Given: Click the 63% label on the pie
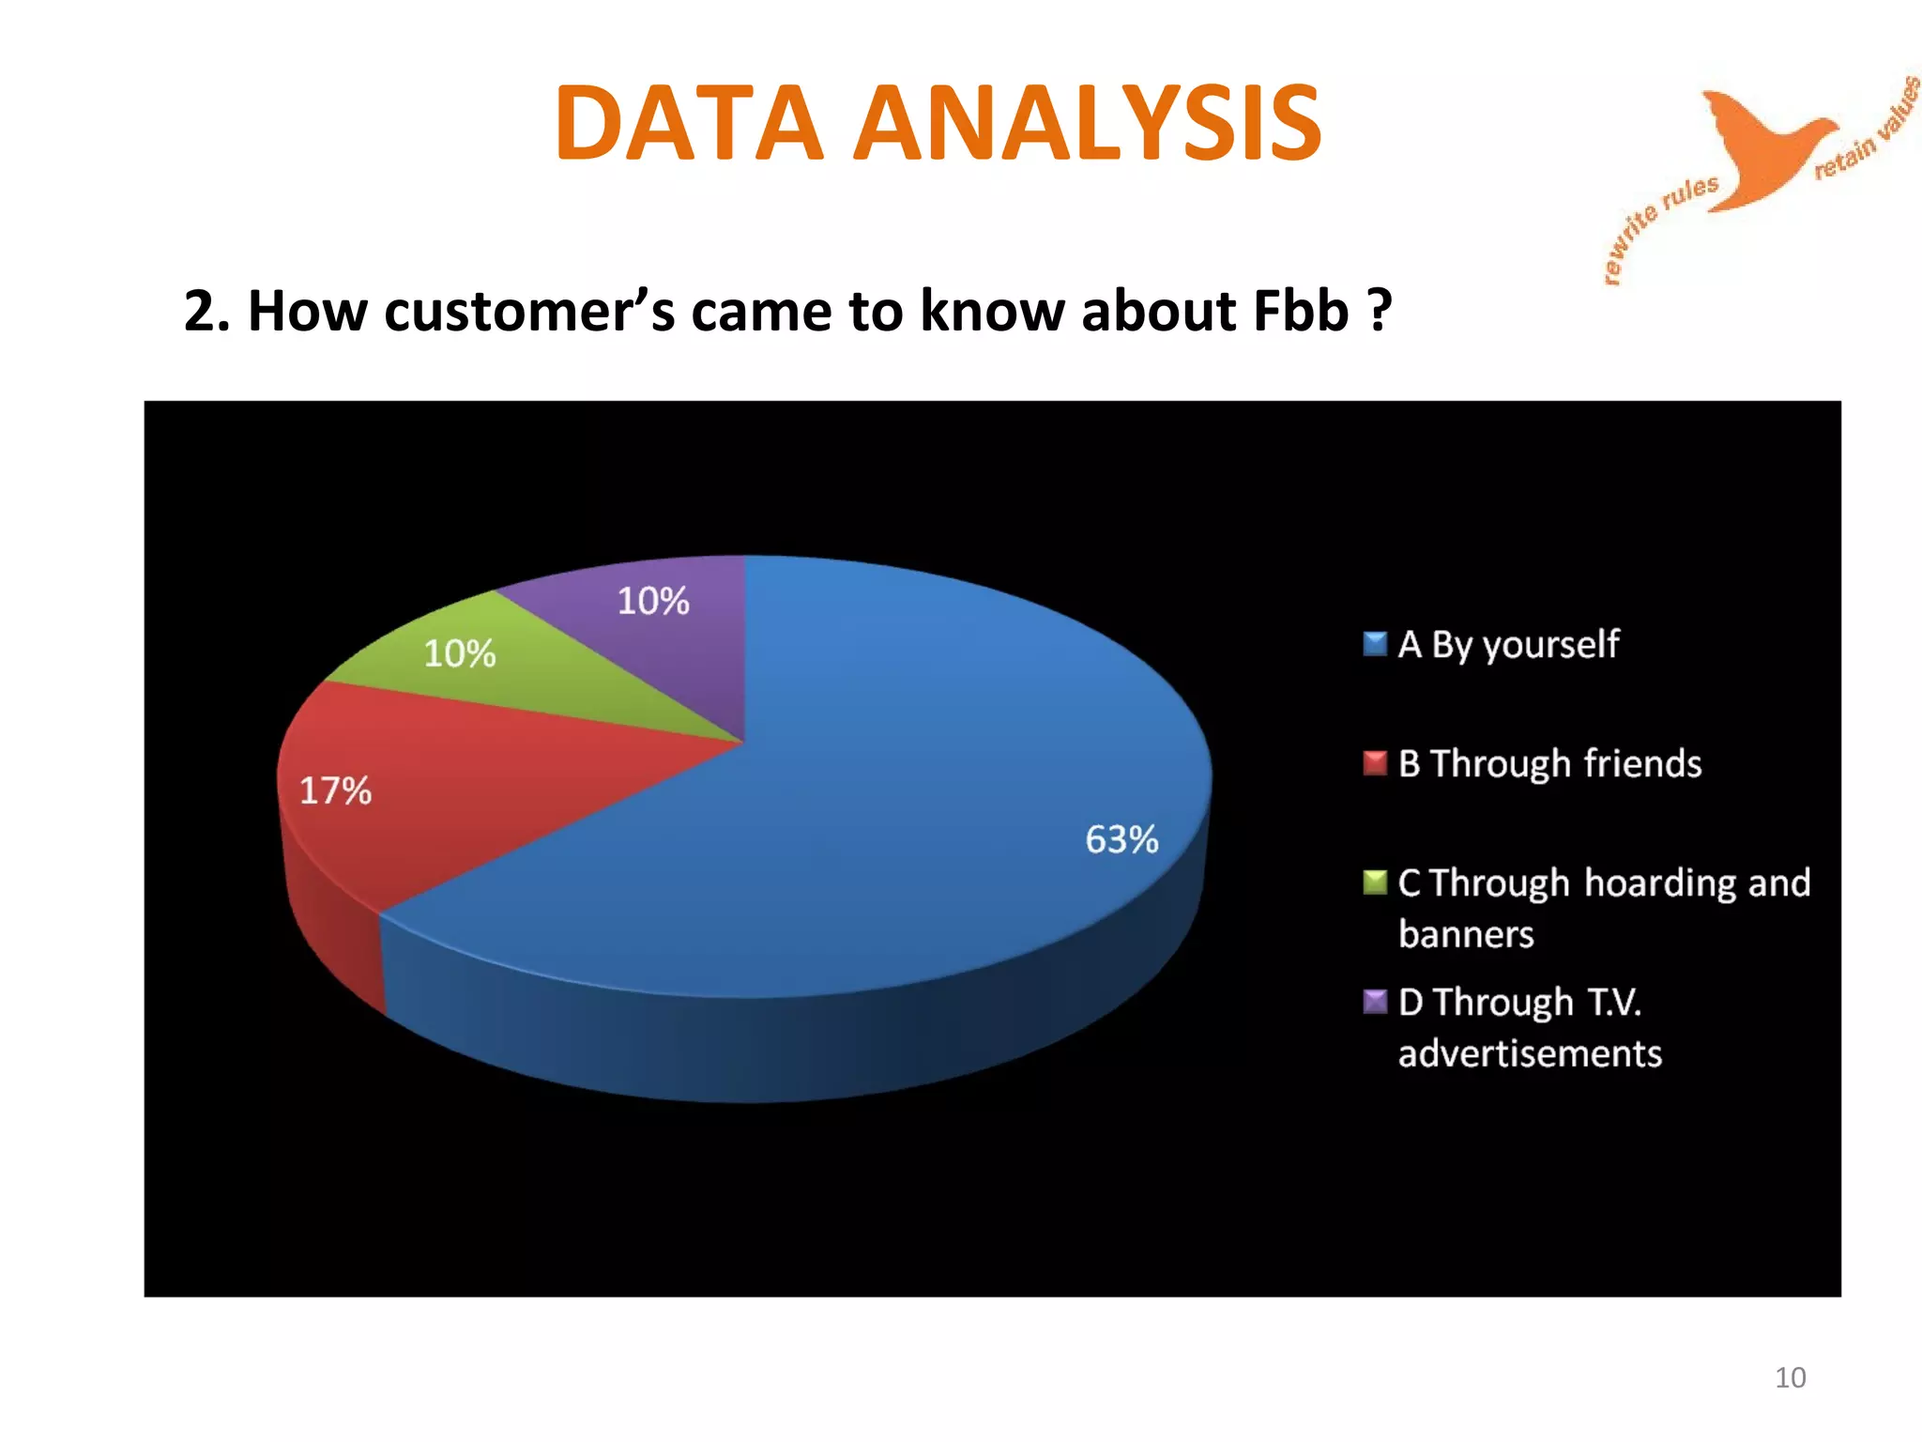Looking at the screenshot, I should [1121, 839].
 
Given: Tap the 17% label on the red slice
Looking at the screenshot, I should [335, 790].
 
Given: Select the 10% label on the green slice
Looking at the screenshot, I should [459, 653].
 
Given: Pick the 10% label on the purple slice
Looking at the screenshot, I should [653, 601].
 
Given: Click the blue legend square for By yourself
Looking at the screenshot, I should [1374, 644].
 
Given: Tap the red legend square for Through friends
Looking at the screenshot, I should [1374, 762].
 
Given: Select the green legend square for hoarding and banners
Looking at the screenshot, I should [1374, 882].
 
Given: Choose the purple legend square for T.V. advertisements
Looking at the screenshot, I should [1374, 1002].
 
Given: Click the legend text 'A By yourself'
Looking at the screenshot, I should [1508, 645].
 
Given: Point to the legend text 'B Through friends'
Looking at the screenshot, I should [1549, 763].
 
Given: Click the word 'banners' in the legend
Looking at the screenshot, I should [1466, 934].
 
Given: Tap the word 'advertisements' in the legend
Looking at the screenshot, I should [1530, 1053].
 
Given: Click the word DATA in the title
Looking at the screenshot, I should [689, 123].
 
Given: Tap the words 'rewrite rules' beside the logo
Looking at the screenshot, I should [1655, 225].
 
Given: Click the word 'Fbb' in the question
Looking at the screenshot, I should [1300, 311].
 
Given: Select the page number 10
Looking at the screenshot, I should [1790, 1377].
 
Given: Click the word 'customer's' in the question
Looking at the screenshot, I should [529, 311].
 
